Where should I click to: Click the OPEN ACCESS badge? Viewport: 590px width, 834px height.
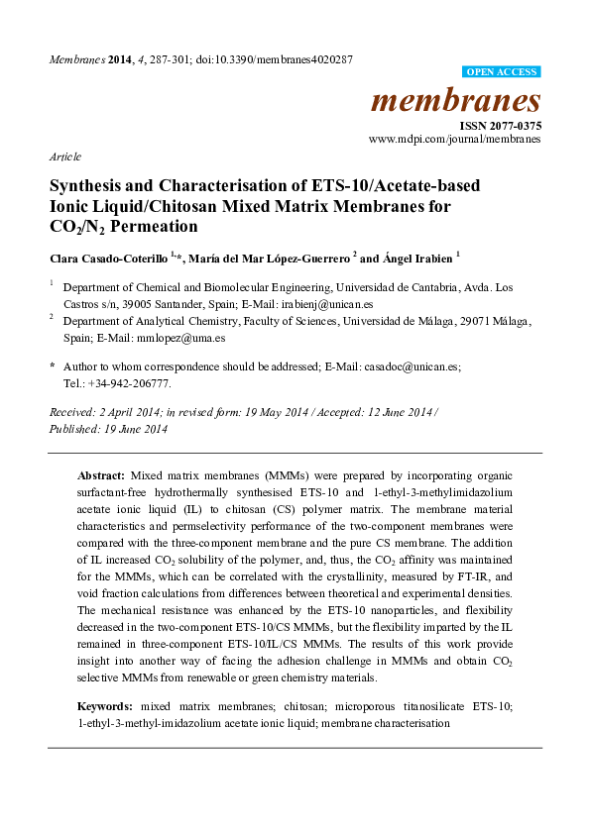pyautogui.click(x=503, y=72)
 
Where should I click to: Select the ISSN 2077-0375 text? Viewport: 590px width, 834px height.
pyautogui.click(x=500, y=127)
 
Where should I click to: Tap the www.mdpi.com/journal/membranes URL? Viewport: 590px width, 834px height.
pyautogui.click(x=455, y=140)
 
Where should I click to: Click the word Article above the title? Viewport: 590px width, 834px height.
pyautogui.click(x=64, y=157)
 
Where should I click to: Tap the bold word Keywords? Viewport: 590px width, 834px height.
pyautogui.click(x=105, y=706)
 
